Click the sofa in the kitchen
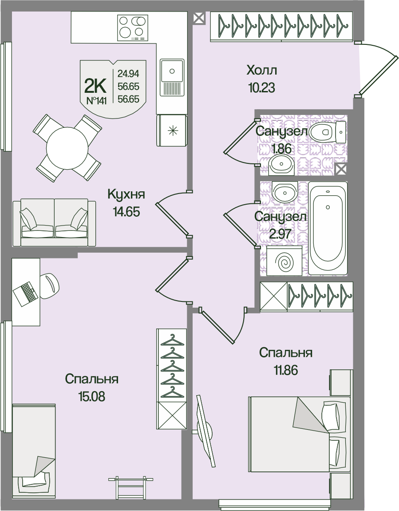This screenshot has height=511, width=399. click(x=54, y=222)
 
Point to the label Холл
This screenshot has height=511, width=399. click(x=261, y=70)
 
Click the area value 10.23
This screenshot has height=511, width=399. click(x=261, y=87)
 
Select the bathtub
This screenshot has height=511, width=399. click(x=328, y=228)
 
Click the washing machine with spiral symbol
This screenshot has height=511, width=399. click(x=284, y=262)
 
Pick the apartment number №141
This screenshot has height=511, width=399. click(x=96, y=101)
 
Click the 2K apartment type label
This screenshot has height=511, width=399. click(x=95, y=83)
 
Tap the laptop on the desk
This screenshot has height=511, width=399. click(x=25, y=293)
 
